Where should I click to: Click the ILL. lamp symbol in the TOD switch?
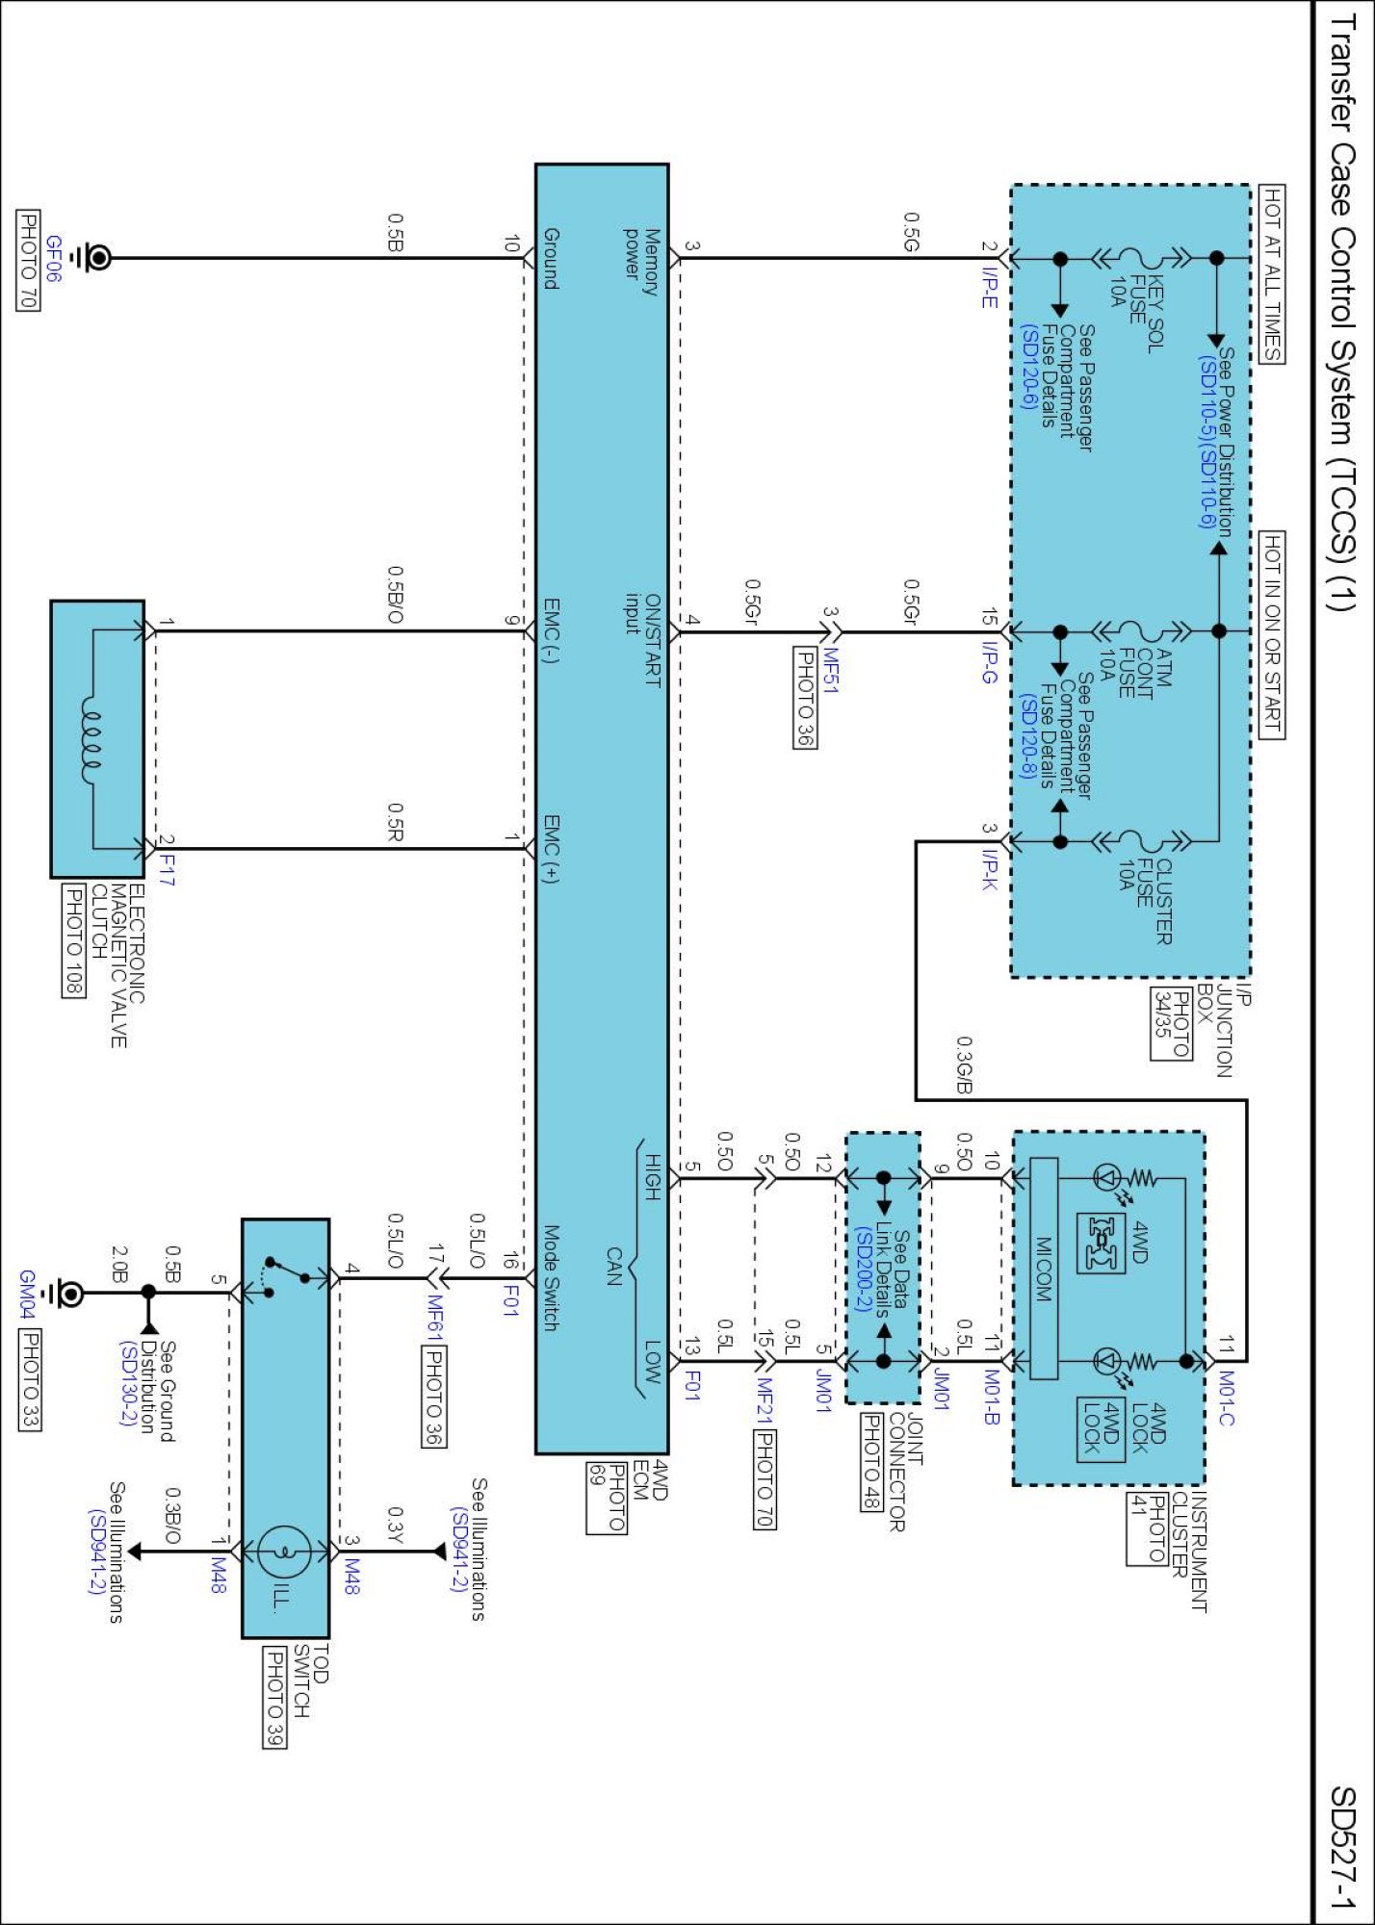[285, 1552]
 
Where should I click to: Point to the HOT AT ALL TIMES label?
[1271, 274]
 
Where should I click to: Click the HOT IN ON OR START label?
[1271, 635]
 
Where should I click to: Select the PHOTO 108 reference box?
[73, 940]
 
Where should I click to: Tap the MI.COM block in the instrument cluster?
[1044, 1269]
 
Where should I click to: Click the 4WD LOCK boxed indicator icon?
[1101, 1428]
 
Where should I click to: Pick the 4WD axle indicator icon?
[1101, 1242]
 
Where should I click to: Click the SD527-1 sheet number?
[1343, 1847]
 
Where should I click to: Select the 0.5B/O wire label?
[394, 594]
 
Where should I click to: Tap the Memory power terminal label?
[641, 260]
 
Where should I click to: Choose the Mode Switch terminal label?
[551, 1277]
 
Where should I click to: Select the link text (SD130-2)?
[128, 1383]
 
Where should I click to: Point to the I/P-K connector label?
[989, 868]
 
